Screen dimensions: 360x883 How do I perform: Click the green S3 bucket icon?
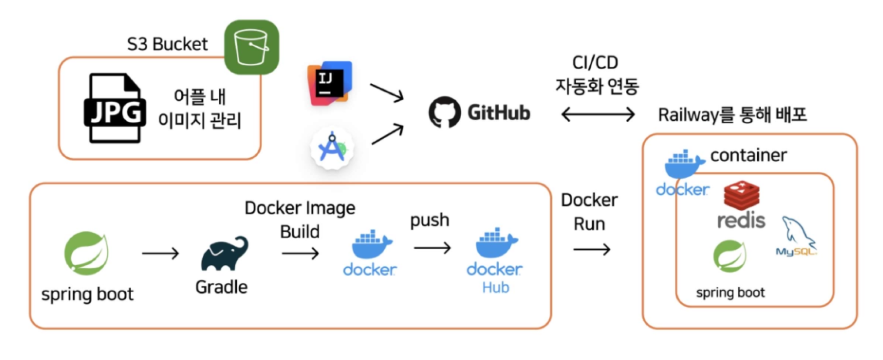pos(251,47)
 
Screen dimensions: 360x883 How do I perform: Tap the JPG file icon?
pos(115,109)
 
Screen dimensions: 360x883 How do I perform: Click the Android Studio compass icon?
pos(332,148)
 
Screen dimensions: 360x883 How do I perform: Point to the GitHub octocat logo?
pos(444,112)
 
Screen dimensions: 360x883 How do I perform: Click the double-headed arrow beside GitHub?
pos(598,114)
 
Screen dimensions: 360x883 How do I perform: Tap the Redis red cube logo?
pos(741,195)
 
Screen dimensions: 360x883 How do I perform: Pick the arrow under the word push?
pos(432,248)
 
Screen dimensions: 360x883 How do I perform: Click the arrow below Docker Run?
pos(592,249)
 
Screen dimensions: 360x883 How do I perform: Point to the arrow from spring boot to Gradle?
pos(160,253)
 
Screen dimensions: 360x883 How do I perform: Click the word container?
pos(748,155)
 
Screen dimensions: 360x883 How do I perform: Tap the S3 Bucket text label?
pos(167,44)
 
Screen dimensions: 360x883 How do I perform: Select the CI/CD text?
pos(595,62)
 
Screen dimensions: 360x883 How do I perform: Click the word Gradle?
pos(221,287)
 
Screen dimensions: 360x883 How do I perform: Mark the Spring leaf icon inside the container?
pos(730,256)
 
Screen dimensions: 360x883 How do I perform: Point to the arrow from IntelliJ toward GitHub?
pos(386,92)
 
